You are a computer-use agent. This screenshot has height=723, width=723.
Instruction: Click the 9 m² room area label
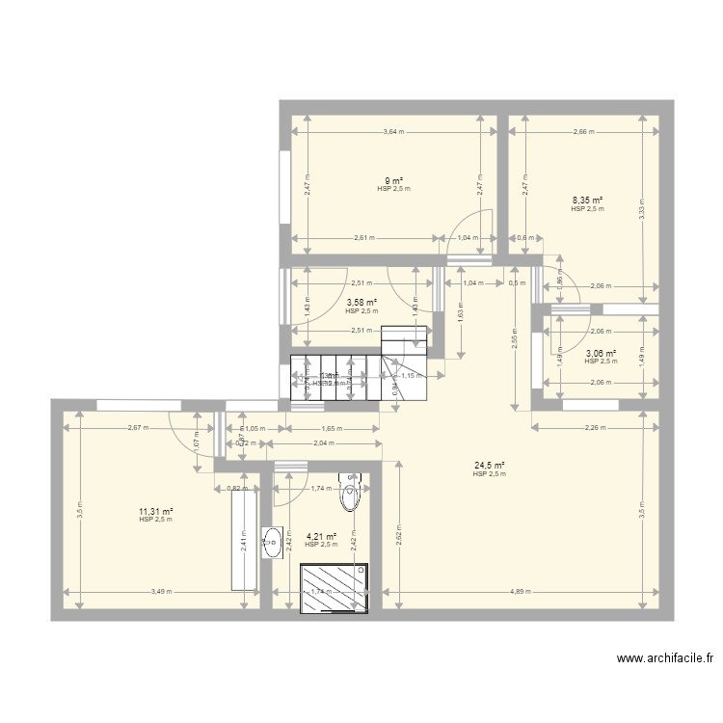point(393,180)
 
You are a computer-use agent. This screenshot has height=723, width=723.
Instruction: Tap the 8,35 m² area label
point(586,201)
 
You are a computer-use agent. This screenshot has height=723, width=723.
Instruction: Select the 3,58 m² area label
point(361,303)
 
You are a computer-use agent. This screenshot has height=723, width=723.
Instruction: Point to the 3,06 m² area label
point(601,353)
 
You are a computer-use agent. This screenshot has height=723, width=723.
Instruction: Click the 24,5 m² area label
point(489,466)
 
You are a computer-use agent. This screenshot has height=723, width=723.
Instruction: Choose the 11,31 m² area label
point(154,512)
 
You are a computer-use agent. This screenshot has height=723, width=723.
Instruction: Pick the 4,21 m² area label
point(321,537)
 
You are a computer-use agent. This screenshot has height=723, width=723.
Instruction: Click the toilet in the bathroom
point(351,493)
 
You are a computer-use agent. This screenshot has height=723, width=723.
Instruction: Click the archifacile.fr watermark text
point(666,659)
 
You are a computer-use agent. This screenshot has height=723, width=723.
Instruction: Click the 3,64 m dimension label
point(392,132)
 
